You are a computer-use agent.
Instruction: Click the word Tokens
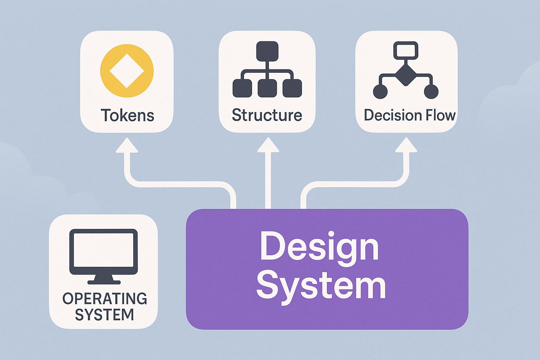(x=127, y=115)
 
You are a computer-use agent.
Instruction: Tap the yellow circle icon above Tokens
(x=127, y=56)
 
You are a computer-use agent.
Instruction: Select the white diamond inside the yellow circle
(x=127, y=71)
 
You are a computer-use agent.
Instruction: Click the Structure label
(x=267, y=115)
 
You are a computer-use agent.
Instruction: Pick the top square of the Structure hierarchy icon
(x=267, y=51)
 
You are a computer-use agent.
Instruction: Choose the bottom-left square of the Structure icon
(x=242, y=88)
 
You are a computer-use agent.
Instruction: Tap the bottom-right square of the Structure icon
(x=292, y=88)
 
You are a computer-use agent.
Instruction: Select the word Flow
(x=441, y=115)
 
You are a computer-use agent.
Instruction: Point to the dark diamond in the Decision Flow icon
(x=406, y=75)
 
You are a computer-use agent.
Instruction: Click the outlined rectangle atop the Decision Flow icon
(x=406, y=50)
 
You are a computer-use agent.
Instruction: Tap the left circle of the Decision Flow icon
(x=380, y=92)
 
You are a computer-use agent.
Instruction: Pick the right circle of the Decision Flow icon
(x=431, y=92)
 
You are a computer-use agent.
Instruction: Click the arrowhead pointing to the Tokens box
(x=127, y=146)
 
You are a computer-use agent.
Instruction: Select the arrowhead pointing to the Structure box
(x=268, y=145)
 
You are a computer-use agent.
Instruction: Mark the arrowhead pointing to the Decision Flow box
(x=406, y=145)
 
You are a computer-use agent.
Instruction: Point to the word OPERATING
(x=105, y=299)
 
